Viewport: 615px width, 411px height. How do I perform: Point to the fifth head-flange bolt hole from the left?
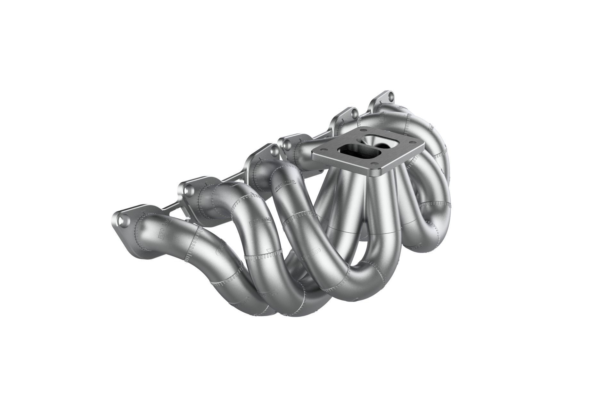coord(354,114)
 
